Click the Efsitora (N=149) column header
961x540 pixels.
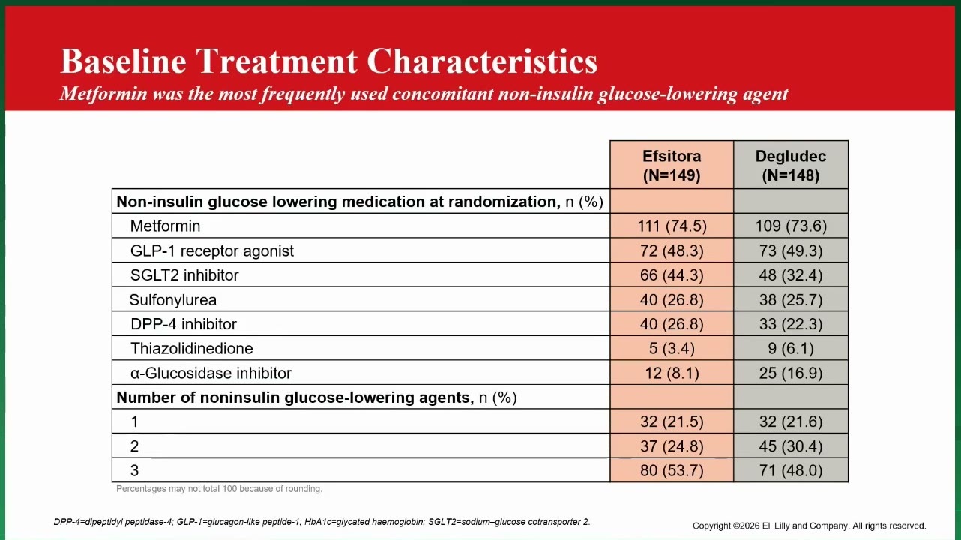coord(672,166)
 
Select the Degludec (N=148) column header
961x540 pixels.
coord(791,166)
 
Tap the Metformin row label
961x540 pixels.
coord(165,226)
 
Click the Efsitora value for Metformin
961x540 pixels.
coord(672,226)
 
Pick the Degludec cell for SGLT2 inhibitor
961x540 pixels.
coord(791,274)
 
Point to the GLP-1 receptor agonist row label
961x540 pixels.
coord(212,250)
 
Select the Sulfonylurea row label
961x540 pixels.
coord(173,299)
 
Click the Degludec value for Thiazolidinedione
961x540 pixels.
coord(791,348)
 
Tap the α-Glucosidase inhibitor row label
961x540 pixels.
coord(211,373)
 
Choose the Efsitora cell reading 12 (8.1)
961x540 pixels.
coord(672,373)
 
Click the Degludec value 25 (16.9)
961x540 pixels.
coord(791,373)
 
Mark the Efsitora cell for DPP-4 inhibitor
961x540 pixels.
coord(672,324)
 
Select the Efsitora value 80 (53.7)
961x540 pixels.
coord(672,470)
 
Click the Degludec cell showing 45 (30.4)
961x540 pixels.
coord(791,446)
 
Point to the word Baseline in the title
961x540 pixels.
coord(123,61)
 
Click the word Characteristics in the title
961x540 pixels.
coord(482,61)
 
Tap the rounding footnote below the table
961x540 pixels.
coord(219,489)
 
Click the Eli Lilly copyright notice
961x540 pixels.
coord(809,526)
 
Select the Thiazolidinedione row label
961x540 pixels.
coord(192,348)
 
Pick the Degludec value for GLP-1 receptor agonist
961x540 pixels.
coord(791,250)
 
